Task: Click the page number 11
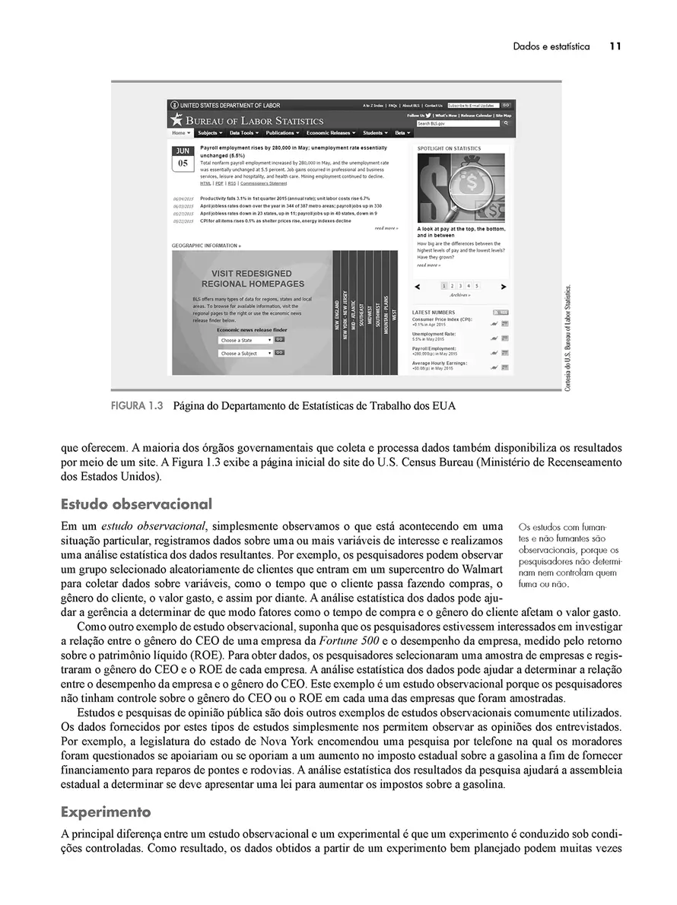pos(615,46)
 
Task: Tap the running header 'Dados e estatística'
pos(551,46)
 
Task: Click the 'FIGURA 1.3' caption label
pos(138,406)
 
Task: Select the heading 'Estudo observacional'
pos(136,504)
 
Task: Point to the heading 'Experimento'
pos(106,811)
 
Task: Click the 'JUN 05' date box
pos(183,157)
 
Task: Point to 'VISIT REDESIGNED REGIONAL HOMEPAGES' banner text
pos(252,278)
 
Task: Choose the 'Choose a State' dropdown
pos(245,340)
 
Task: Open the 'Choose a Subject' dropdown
pos(245,354)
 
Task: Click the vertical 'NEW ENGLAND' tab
pos(338,313)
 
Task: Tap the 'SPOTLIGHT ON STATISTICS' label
pos(449,148)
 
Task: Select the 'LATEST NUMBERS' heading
pos(434,313)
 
